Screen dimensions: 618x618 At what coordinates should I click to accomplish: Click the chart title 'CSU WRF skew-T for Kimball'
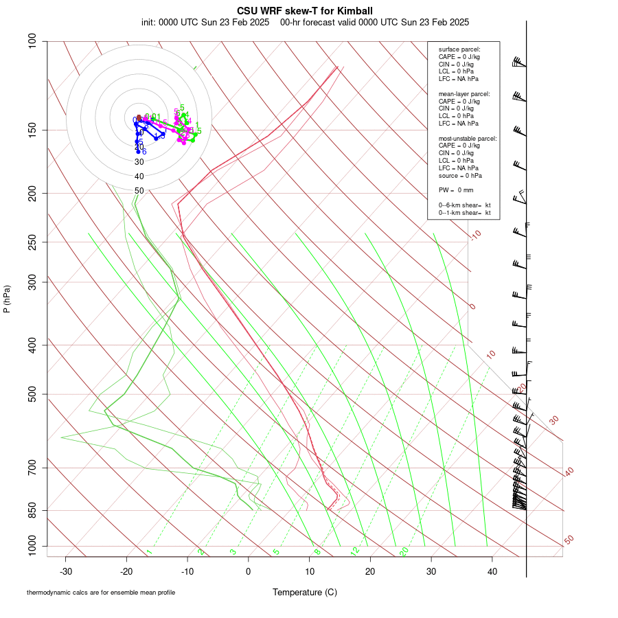tap(305, 11)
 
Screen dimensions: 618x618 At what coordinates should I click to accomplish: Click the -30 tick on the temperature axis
tap(66, 571)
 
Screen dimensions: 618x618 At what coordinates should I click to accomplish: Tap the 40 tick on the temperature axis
tap(492, 571)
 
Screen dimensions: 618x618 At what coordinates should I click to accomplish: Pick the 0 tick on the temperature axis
tap(249, 571)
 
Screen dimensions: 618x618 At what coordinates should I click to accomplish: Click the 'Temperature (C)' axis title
tap(305, 592)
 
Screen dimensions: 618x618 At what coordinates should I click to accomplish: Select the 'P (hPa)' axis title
tap(7, 299)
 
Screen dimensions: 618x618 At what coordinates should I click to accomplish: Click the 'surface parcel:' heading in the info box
tap(459, 49)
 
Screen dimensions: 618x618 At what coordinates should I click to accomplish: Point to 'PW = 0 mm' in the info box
tap(456, 190)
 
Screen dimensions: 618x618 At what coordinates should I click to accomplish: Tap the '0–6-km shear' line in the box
tap(465, 205)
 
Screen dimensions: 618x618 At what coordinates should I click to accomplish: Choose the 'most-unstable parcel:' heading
tap(468, 139)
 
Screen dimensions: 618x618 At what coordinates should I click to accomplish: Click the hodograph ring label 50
tap(139, 191)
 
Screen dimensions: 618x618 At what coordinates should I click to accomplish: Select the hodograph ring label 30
tap(139, 162)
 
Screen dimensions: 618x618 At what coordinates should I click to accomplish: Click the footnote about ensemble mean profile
tap(106, 592)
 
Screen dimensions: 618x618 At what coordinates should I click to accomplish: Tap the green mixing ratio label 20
tap(404, 551)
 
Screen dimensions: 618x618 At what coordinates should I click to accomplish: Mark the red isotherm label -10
tap(475, 235)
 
